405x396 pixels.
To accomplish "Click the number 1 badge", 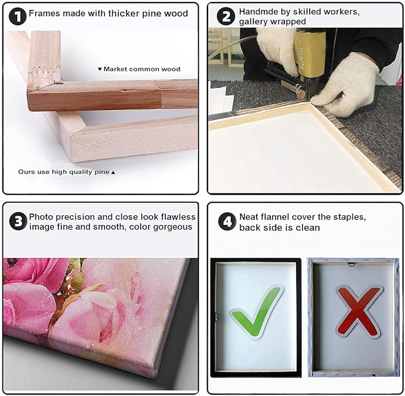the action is coord(17,16).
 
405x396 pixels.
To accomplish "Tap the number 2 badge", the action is coord(225,16).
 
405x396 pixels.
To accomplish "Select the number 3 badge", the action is coord(18,221).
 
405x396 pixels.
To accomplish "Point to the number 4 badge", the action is coord(227,221).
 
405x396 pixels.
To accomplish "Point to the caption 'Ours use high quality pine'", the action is coord(64,172).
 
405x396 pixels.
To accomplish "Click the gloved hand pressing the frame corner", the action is coord(346,85).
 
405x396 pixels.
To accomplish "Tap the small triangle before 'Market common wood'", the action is coord(100,69).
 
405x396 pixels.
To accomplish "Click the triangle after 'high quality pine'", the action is coord(113,172).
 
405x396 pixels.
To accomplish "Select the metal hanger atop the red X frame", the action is coord(351,264).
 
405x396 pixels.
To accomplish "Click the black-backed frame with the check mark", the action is coord(256,317).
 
